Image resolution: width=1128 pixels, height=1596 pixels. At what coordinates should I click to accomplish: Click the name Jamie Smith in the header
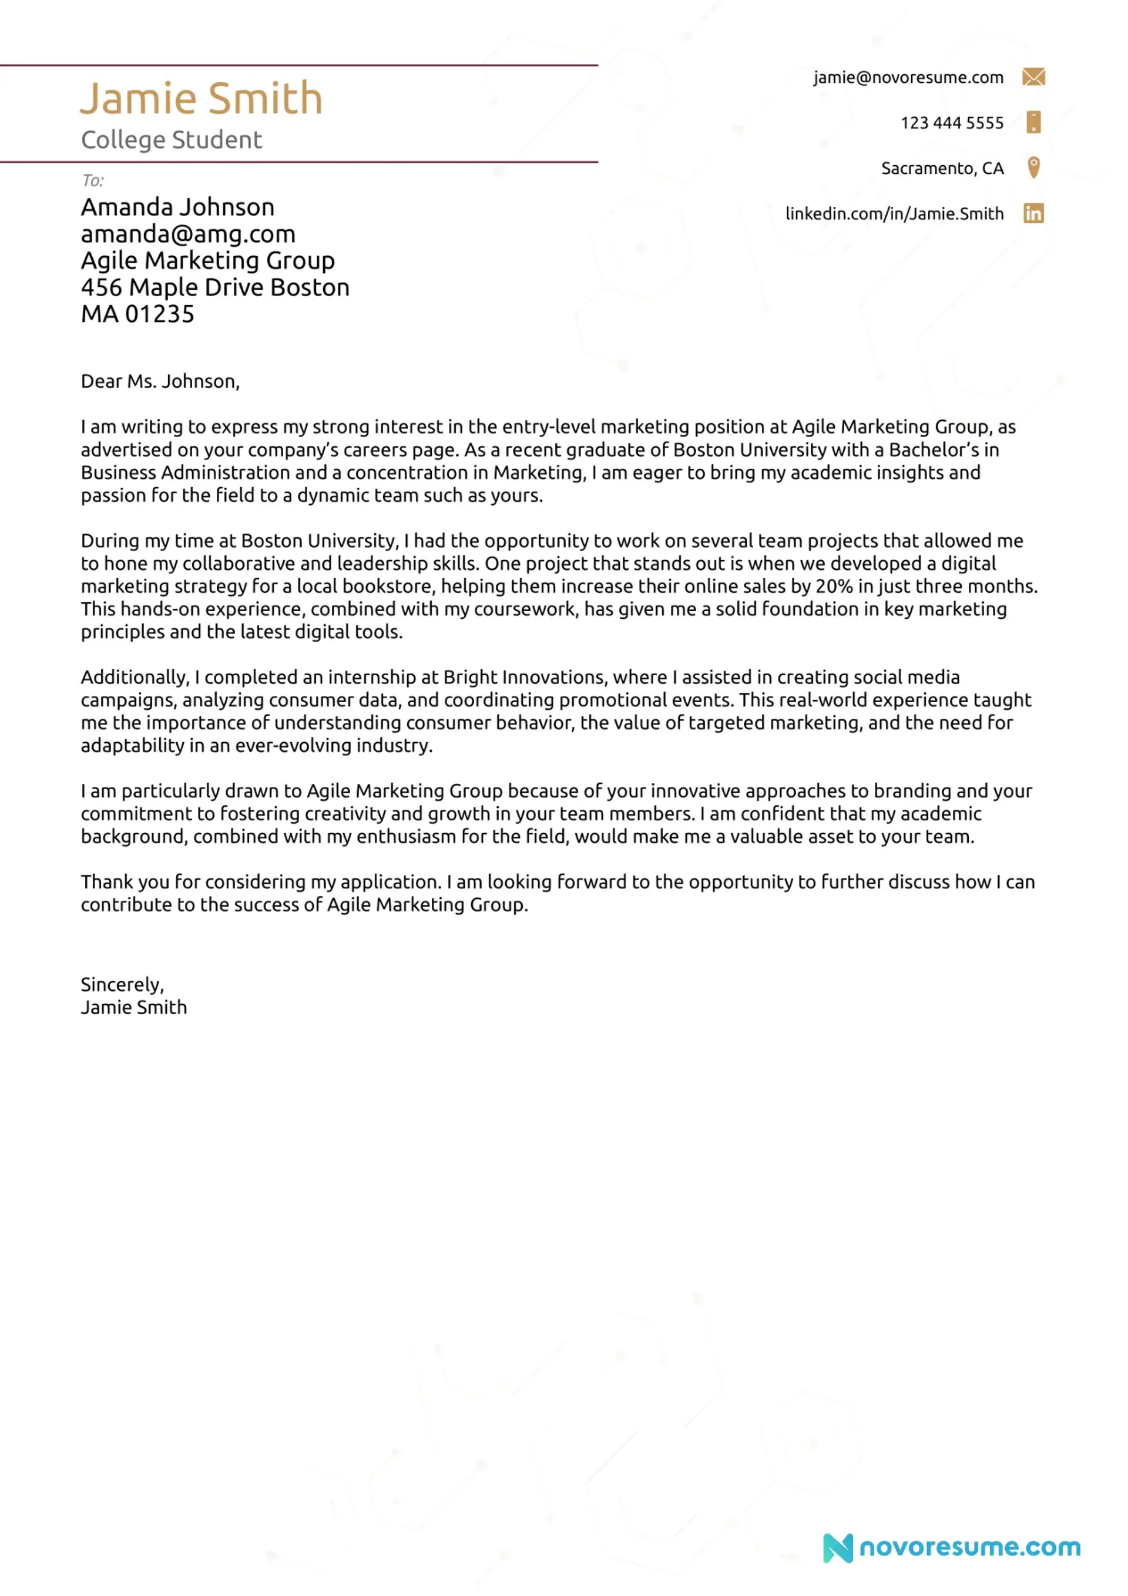(201, 98)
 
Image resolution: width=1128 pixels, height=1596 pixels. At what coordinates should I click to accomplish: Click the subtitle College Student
(171, 140)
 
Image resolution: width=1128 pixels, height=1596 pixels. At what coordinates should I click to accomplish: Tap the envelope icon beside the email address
(1033, 76)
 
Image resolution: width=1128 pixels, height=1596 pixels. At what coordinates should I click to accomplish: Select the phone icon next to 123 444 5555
(1033, 122)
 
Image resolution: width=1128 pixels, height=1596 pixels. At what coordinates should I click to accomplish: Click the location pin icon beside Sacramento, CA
(1033, 167)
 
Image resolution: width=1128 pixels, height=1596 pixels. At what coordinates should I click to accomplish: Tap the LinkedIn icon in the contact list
(1033, 213)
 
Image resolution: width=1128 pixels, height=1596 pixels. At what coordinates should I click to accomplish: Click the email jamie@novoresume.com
(908, 77)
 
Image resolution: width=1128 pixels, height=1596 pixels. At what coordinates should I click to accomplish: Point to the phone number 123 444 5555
(952, 123)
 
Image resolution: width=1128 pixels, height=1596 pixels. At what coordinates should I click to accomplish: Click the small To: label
(92, 181)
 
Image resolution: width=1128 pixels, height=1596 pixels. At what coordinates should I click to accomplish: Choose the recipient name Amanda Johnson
(177, 207)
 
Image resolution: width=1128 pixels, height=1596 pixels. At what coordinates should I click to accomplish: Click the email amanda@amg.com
(187, 234)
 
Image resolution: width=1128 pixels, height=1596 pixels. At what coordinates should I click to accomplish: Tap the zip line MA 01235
(137, 314)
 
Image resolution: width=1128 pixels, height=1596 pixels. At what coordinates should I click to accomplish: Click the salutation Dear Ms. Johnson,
(160, 381)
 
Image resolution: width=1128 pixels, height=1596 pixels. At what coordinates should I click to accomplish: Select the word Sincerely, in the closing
(122, 984)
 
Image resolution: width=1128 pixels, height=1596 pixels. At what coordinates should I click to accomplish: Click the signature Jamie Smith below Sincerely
(133, 1007)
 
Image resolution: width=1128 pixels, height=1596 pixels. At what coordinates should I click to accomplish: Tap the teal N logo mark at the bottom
(838, 1547)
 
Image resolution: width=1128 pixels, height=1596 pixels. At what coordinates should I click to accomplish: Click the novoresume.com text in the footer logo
(969, 1547)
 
